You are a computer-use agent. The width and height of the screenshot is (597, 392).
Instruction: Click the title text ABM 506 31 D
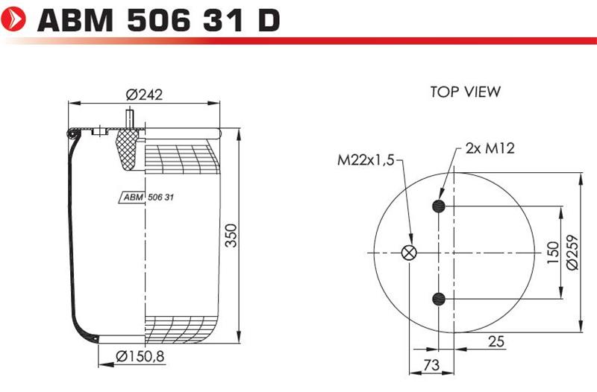click(x=159, y=20)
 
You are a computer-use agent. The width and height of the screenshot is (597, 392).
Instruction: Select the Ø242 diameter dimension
click(x=144, y=95)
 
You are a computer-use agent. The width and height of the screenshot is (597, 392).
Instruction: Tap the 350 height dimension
click(x=231, y=235)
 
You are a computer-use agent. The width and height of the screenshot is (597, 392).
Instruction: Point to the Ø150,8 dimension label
click(x=140, y=357)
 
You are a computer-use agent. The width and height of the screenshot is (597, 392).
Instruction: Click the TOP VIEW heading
click(x=465, y=92)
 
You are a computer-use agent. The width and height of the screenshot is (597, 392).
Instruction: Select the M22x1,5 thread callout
click(x=366, y=159)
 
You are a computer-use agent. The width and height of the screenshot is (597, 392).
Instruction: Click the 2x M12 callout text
click(x=490, y=148)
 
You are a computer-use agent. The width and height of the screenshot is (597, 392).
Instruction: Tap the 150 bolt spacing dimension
click(x=553, y=253)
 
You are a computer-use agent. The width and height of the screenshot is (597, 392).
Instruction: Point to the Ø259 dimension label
click(x=572, y=253)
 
